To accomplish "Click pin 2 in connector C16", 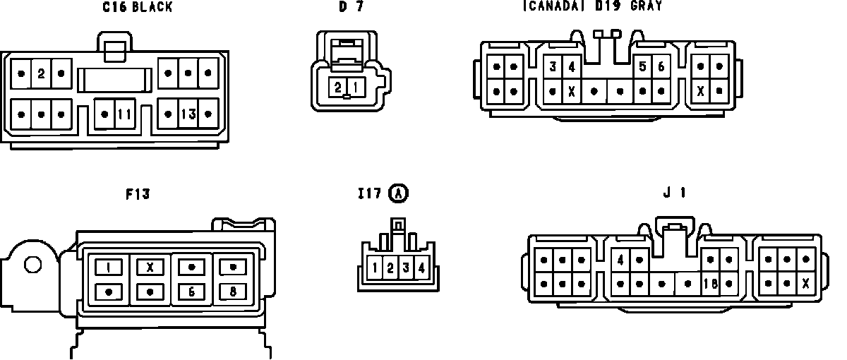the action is (x=41, y=73).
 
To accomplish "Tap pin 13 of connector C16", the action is (x=188, y=114).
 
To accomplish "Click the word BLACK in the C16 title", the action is (x=152, y=8).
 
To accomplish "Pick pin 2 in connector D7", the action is (x=339, y=88).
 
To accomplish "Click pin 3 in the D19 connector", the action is (x=553, y=67).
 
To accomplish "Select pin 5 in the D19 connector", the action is (x=642, y=67).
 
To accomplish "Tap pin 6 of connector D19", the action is (x=661, y=67).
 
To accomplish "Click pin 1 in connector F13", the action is (x=109, y=268).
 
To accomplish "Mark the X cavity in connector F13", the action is (x=150, y=268).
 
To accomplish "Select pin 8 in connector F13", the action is (x=232, y=291).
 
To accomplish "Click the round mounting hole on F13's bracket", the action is (x=32, y=266).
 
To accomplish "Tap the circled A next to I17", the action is (x=400, y=193).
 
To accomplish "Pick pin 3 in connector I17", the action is (x=406, y=268).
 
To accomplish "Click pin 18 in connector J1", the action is (x=711, y=284).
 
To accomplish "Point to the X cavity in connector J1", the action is (x=805, y=284).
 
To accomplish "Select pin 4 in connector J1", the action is (x=620, y=259).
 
